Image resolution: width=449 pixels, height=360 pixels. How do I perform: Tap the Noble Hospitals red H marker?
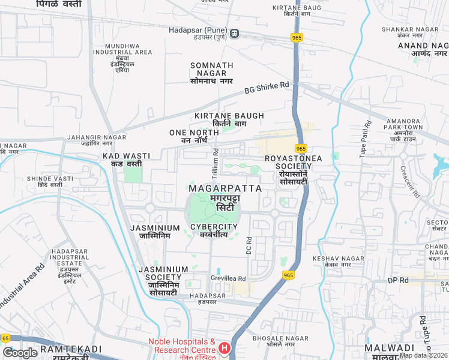224,347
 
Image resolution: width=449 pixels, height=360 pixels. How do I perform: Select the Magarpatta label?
225,188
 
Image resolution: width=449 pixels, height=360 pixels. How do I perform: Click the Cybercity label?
214,227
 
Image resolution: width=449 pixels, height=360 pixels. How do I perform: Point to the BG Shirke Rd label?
267,89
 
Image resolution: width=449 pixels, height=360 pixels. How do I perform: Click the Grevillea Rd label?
228,278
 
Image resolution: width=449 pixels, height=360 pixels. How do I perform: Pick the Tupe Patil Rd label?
365,139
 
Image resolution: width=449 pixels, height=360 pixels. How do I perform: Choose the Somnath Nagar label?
211,69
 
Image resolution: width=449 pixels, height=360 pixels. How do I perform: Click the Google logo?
20,353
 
